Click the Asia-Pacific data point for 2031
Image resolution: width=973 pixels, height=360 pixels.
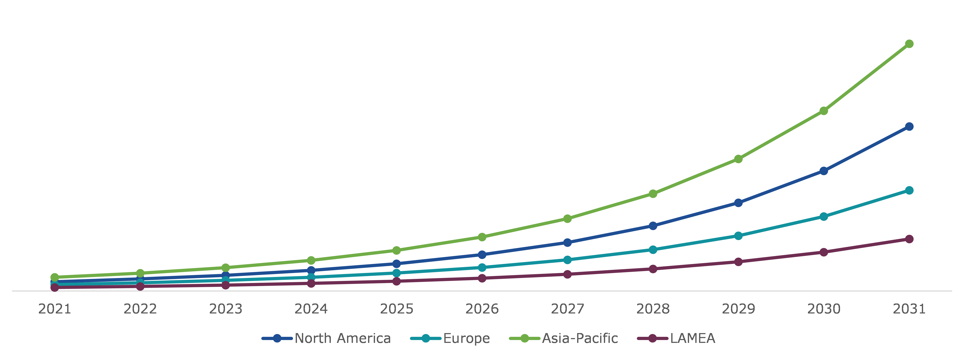pyautogui.click(x=909, y=44)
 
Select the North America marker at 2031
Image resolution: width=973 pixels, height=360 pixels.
pyautogui.click(x=909, y=127)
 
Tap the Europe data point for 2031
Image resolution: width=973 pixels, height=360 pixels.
pyautogui.click(x=909, y=190)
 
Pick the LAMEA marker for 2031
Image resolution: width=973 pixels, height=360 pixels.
pyautogui.click(x=909, y=239)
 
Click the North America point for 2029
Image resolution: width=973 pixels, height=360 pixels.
pyautogui.click(x=738, y=203)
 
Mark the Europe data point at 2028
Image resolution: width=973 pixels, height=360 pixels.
pyautogui.click(x=653, y=250)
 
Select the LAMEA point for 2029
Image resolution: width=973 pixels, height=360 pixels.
pyautogui.click(x=738, y=262)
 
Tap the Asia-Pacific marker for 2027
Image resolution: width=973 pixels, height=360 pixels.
pyautogui.click(x=567, y=219)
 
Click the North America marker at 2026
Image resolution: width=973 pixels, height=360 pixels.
pyautogui.click(x=482, y=255)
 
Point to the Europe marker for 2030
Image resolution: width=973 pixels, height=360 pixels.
pyautogui.click(x=824, y=216)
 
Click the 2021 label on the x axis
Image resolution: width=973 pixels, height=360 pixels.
pyautogui.click(x=55, y=309)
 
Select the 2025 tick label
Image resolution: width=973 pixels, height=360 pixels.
pyautogui.click(x=397, y=309)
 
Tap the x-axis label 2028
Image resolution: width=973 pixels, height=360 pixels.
pyautogui.click(x=653, y=309)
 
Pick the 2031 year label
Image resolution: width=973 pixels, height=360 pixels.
pyautogui.click(x=909, y=309)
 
